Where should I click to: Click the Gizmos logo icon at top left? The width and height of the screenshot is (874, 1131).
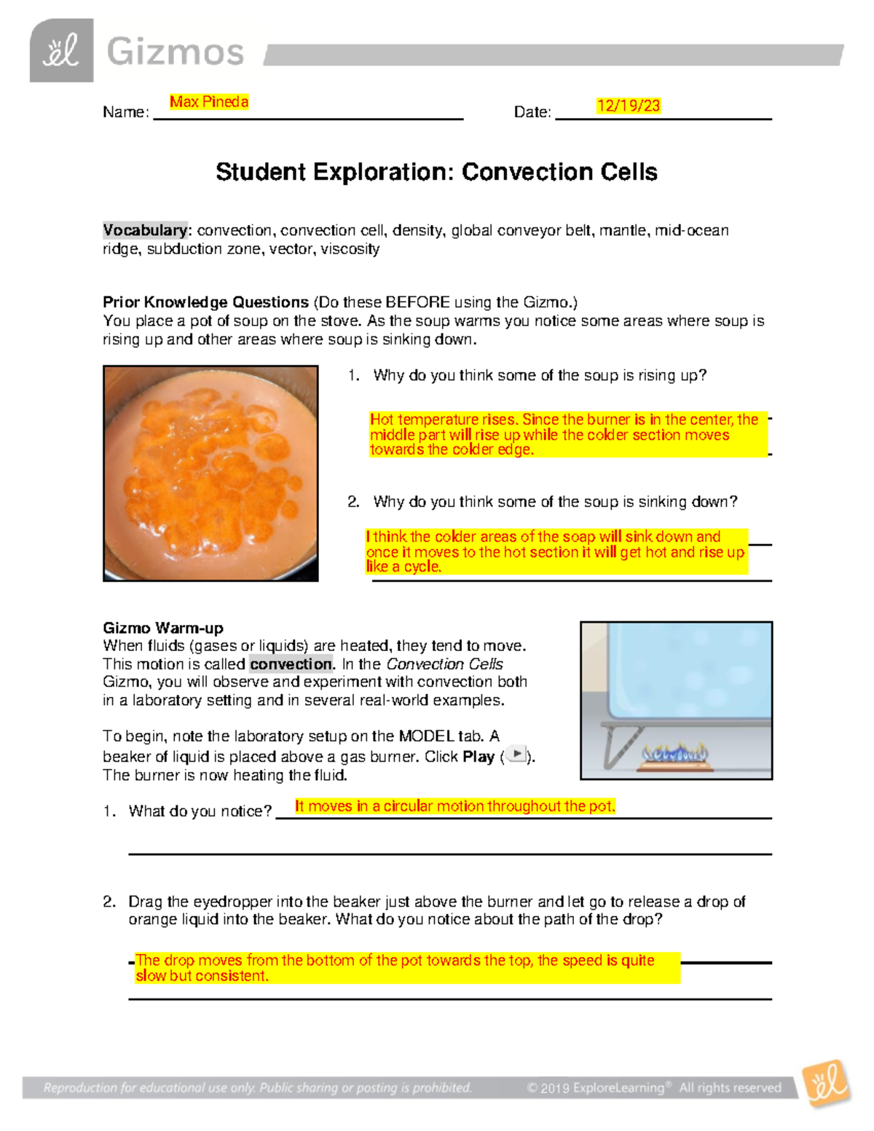coord(61,51)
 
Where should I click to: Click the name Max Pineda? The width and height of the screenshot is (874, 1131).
coord(209,102)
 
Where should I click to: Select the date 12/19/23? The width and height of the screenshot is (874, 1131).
coord(628,106)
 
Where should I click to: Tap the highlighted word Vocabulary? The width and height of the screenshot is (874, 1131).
coord(145,230)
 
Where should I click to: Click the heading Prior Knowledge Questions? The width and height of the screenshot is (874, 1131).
coord(205,302)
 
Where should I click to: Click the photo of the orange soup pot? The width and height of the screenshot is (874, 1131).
coord(210,473)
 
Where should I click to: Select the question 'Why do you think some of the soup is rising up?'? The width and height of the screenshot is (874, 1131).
coord(539,375)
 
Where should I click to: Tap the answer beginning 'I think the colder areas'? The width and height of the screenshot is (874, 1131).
coord(556,551)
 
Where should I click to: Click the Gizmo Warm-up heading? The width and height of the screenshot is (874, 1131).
coord(162,628)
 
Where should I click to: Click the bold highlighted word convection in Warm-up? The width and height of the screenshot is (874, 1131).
coord(291,664)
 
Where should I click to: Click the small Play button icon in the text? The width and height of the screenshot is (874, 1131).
coord(516,754)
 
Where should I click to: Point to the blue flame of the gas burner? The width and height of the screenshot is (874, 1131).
coord(675,753)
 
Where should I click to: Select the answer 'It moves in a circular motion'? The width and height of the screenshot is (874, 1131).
coord(454,806)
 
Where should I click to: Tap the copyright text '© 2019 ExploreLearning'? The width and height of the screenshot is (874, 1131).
coord(595,1088)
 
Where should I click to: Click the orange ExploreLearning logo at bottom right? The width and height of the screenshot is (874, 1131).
coord(827,1084)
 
